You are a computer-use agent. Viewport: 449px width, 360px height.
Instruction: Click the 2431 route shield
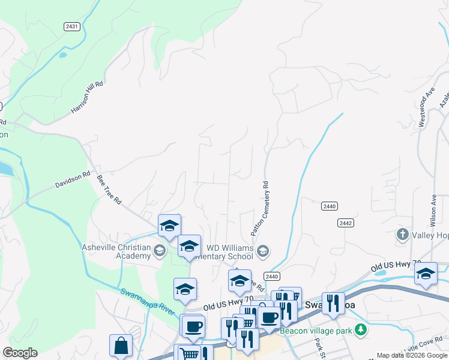coord(72,26)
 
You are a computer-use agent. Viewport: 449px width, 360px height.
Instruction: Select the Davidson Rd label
coord(73,179)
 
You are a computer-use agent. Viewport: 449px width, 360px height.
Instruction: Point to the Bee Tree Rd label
coord(109,191)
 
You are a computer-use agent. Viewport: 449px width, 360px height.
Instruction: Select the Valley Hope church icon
coord(403,235)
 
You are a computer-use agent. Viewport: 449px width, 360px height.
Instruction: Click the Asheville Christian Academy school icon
coord(160,250)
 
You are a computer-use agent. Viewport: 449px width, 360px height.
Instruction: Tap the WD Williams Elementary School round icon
coord(262,250)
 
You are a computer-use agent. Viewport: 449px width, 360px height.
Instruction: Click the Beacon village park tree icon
coord(360,329)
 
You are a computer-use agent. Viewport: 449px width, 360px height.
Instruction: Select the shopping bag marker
coord(121,346)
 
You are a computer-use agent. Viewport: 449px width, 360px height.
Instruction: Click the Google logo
coord(20,353)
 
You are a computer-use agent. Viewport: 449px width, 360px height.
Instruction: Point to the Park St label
coord(319,345)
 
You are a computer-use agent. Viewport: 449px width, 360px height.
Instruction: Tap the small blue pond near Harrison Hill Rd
coord(63,55)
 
